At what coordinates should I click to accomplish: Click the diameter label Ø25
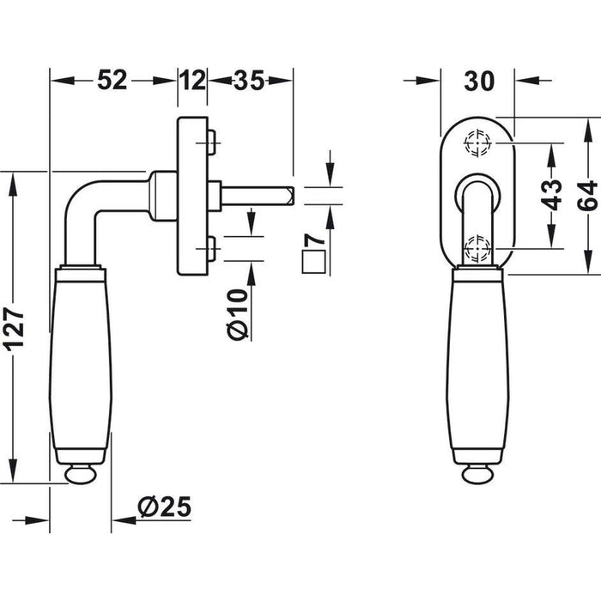click(x=163, y=507)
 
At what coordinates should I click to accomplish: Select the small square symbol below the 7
click(x=313, y=262)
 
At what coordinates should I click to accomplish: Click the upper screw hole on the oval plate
click(x=477, y=143)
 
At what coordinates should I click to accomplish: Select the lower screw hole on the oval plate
click(x=477, y=250)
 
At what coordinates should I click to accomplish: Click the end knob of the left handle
click(x=82, y=473)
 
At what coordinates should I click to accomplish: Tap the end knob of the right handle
click(x=477, y=473)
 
